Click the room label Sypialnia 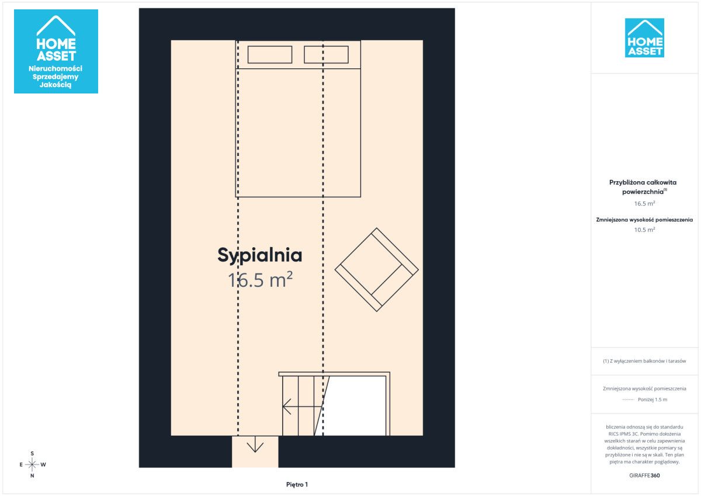(x=260, y=256)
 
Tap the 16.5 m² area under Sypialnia (x=260, y=280)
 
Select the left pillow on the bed (x=270, y=55)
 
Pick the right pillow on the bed (x=326, y=55)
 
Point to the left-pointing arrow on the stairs (x=303, y=407)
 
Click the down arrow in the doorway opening (x=255, y=445)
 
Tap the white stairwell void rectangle (x=354, y=406)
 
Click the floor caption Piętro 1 (x=297, y=484)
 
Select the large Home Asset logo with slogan (x=56, y=51)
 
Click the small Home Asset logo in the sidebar (x=644, y=38)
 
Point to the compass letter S (x=32, y=453)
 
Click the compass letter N (x=32, y=476)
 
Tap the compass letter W (x=43, y=464)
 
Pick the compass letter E (x=21, y=464)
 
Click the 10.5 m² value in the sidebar (x=644, y=230)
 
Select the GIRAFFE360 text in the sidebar (x=644, y=476)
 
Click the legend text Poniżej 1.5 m (x=653, y=400)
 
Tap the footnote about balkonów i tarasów (x=644, y=361)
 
